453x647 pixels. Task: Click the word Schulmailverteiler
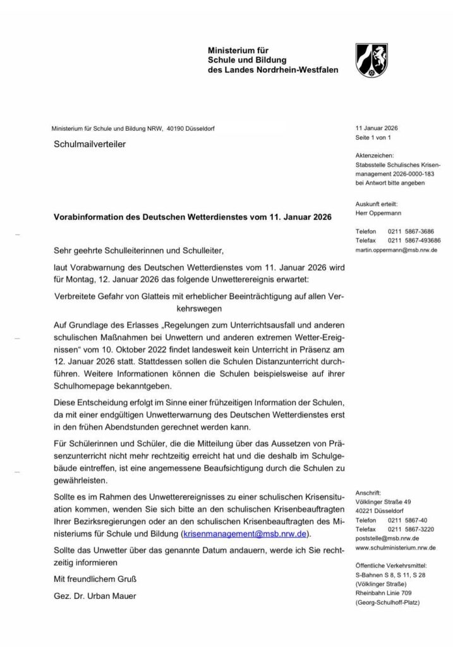[x=90, y=144]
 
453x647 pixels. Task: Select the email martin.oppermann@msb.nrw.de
[x=396, y=250]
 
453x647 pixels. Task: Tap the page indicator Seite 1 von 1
[x=374, y=138]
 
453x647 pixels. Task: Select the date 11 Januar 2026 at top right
[x=377, y=128]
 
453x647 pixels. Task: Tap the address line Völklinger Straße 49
[x=384, y=500]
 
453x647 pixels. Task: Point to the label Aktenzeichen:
[x=375, y=155]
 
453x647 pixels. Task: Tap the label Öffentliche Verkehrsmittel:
[x=392, y=565]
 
